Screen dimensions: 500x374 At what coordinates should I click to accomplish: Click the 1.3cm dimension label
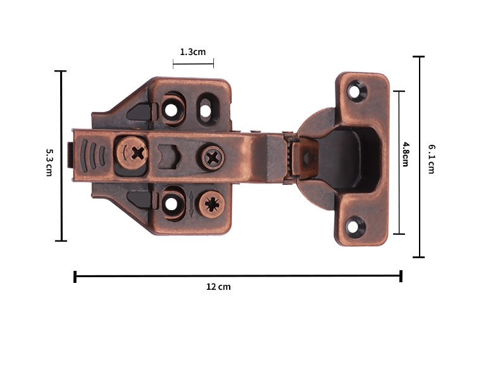[x=193, y=52]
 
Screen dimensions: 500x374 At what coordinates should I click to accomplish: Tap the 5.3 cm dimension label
[x=49, y=162]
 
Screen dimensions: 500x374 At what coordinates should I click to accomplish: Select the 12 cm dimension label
[x=218, y=287]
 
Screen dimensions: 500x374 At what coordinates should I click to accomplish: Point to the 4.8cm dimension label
[x=405, y=154]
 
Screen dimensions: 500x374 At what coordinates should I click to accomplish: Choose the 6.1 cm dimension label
[x=432, y=159]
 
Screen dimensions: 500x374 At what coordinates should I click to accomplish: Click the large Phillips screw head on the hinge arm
[x=132, y=153]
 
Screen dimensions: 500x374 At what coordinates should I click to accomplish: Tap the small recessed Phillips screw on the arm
[x=213, y=158]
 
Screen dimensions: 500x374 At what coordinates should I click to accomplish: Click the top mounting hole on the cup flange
[x=356, y=92]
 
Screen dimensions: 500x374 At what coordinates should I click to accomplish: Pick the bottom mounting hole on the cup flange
[x=354, y=227]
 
